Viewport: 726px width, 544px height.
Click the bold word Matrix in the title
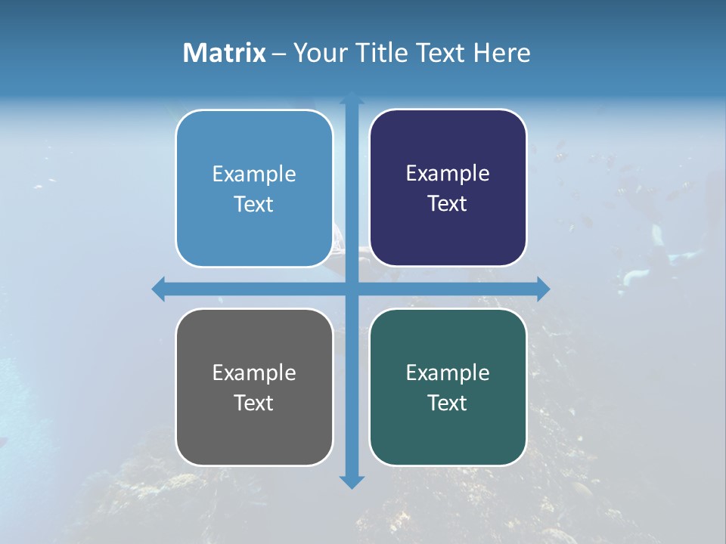click(x=225, y=53)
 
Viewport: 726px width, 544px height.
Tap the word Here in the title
click(x=502, y=53)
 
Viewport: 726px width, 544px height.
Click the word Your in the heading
click(x=317, y=53)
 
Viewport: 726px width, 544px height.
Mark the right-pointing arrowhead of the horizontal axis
click(x=542, y=289)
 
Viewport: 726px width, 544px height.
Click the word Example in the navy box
click(x=448, y=174)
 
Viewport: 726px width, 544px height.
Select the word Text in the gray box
click(x=254, y=403)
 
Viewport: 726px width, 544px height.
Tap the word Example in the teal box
click(x=448, y=372)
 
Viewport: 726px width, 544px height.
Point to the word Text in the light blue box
click(x=254, y=204)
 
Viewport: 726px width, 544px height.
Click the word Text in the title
click(x=442, y=53)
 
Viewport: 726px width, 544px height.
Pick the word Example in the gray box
click(x=254, y=372)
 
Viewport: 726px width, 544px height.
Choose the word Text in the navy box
click(x=448, y=204)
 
